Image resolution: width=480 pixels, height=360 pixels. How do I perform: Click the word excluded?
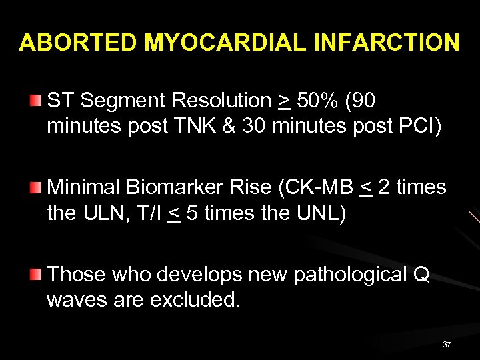click(195, 300)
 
